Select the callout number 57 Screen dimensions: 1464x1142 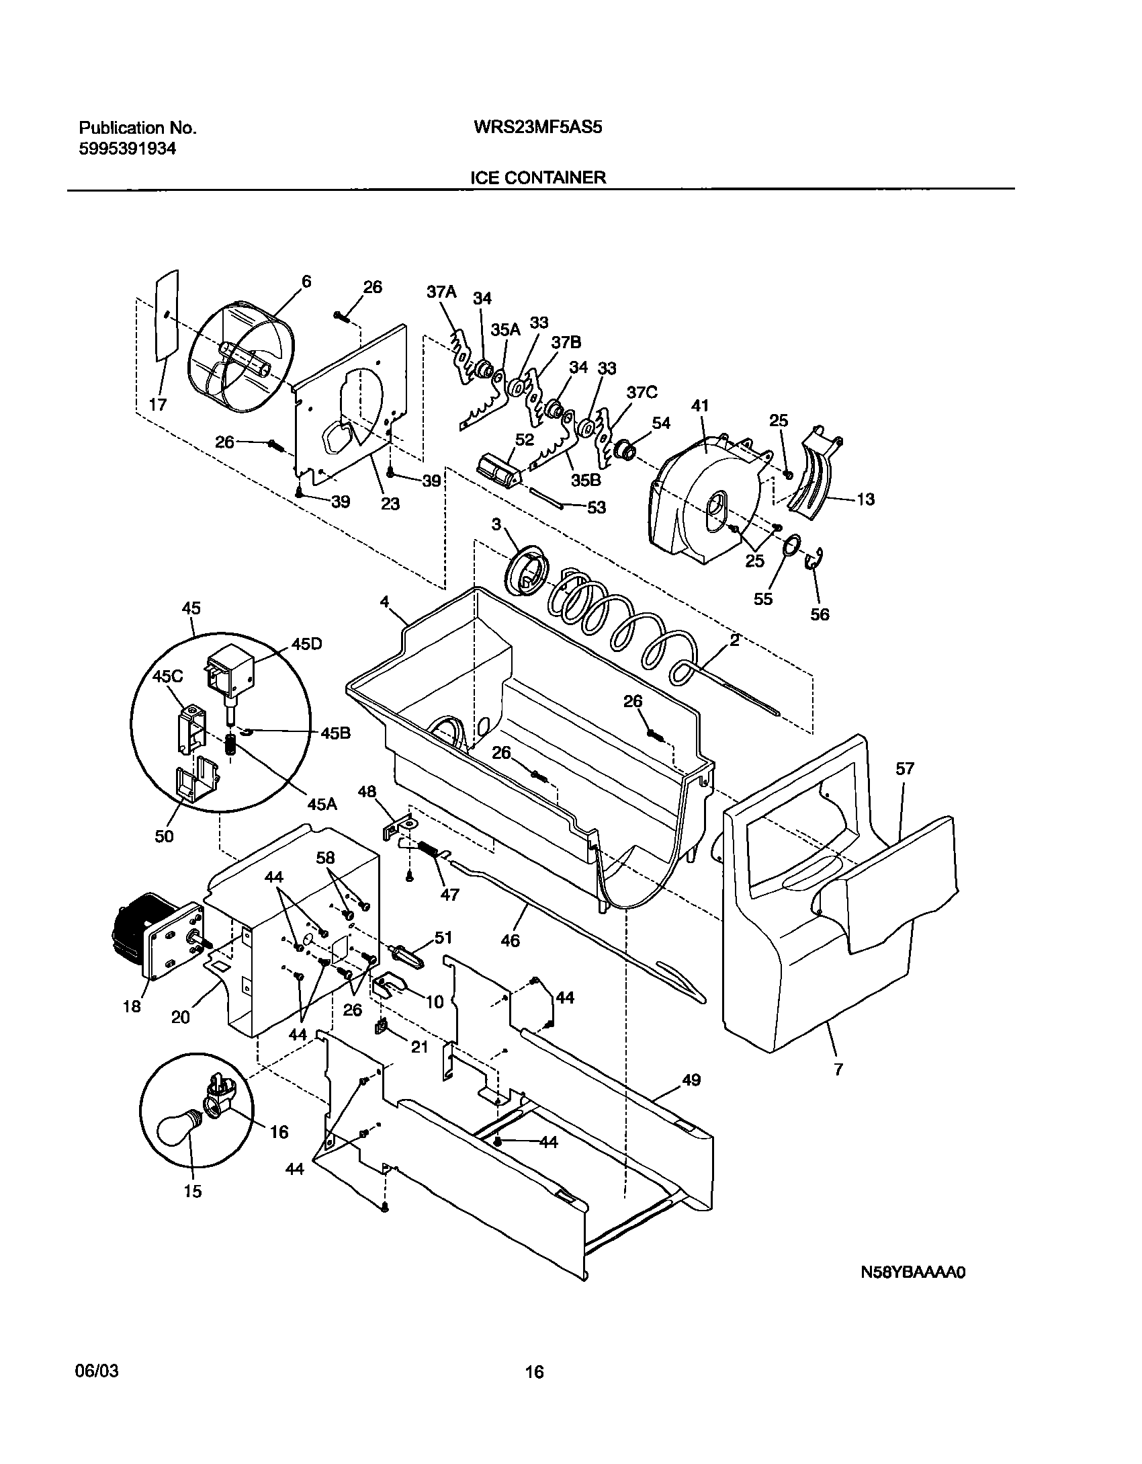[x=905, y=769]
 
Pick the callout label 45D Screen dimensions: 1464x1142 [x=306, y=644]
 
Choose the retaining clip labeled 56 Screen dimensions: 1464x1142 [x=815, y=559]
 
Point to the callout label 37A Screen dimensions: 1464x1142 [x=441, y=292]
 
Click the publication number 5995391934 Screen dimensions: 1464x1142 [x=128, y=149]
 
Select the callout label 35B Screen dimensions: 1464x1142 [x=586, y=481]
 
